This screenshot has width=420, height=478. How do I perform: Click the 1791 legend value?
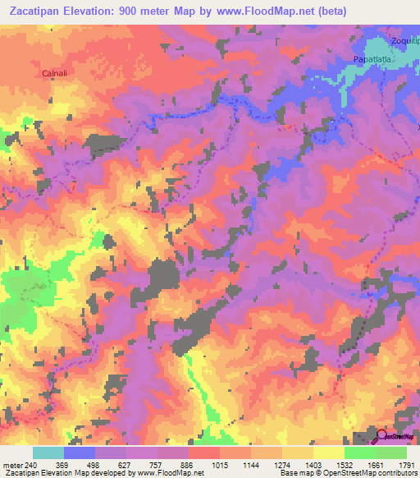405,465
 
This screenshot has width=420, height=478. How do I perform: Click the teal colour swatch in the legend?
48,453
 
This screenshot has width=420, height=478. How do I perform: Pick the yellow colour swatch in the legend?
328,453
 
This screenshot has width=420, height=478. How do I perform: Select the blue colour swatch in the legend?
79,453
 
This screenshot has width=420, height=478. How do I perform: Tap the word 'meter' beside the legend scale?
11,465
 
